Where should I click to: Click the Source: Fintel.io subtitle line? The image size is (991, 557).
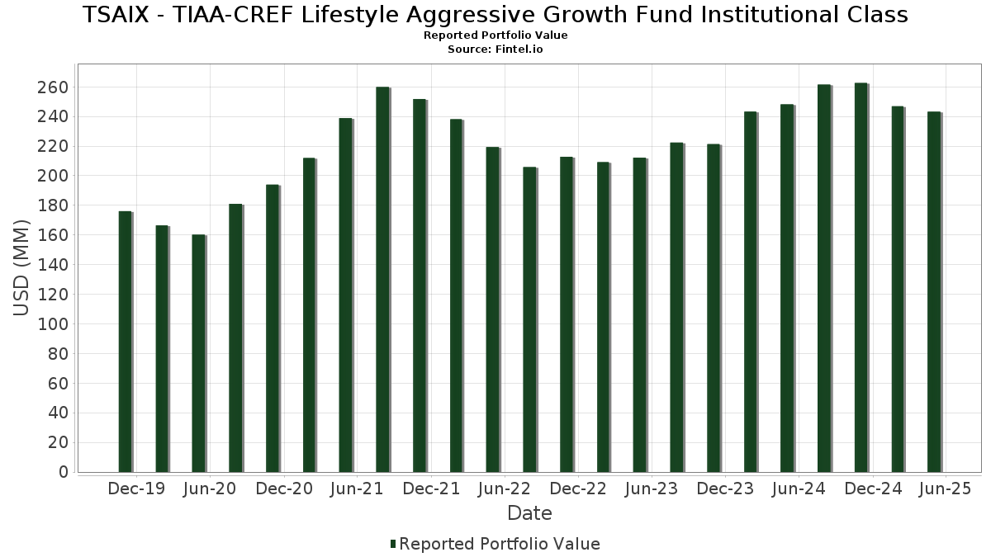(495, 50)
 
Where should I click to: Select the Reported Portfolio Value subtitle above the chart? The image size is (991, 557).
(495, 35)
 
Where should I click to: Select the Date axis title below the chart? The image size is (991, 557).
(529, 513)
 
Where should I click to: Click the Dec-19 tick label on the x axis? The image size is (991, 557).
(136, 489)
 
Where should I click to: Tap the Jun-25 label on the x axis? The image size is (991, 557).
(944, 489)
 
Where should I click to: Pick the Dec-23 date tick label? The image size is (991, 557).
(725, 489)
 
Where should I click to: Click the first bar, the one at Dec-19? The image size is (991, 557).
(125, 342)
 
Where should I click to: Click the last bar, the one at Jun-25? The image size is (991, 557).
(934, 292)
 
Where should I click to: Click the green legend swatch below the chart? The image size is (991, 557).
(393, 544)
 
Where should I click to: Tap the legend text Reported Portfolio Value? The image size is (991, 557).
(500, 544)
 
